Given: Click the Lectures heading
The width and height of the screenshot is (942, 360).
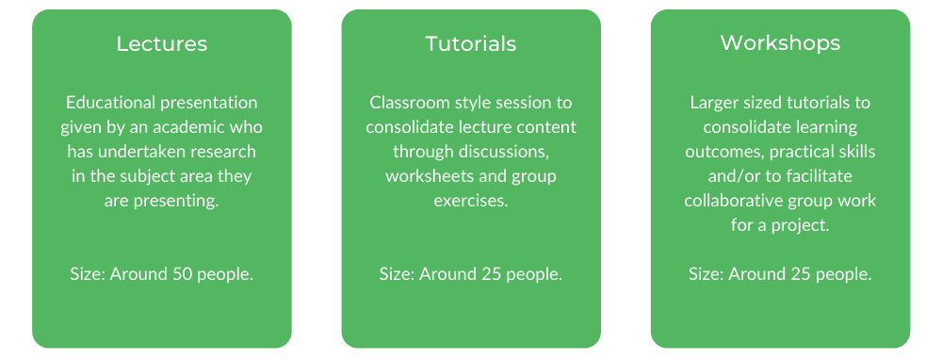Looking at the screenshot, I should [x=162, y=44].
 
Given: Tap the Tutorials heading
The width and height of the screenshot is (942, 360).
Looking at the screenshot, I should [x=471, y=44].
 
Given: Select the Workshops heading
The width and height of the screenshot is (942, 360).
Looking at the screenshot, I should [x=780, y=43].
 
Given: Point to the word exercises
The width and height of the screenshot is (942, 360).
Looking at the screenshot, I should [x=471, y=201].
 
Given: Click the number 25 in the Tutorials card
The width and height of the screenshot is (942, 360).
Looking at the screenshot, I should [x=492, y=274].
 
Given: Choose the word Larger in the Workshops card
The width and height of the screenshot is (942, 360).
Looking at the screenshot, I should [x=716, y=103].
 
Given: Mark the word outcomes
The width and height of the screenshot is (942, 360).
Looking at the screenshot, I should [x=723, y=152].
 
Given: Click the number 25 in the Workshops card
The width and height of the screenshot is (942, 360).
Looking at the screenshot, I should [x=801, y=274].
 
